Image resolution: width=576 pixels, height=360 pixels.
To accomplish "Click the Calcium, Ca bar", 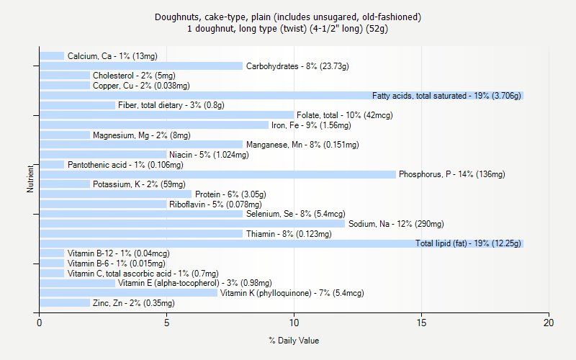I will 52,56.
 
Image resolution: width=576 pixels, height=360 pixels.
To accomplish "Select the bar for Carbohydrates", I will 141,66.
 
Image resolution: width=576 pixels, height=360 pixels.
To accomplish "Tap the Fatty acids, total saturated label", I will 446,96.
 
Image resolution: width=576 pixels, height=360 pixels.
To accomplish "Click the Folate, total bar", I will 166,115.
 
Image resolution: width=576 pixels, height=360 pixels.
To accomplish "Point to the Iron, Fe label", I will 311,125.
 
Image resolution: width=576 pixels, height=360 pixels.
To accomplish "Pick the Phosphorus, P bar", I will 217,174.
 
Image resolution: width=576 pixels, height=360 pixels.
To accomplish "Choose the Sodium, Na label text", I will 396,224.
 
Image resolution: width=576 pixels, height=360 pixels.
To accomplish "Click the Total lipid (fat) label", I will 468,243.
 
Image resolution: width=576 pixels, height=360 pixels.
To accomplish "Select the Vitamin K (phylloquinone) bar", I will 128,293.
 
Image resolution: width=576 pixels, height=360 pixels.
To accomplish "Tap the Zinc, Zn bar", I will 65,303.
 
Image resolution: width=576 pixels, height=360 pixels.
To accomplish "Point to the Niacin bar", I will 103,155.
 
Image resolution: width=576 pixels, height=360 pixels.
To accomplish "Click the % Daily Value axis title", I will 294,341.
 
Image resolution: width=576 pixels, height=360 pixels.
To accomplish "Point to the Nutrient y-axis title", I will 30,179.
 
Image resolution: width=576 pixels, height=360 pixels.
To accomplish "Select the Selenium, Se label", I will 295,214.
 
